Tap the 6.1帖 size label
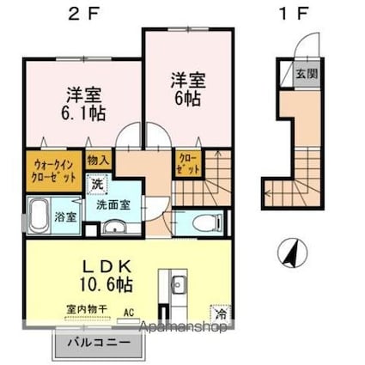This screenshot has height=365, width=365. pyautogui.click(x=82, y=113)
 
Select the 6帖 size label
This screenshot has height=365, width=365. pyautogui.click(x=186, y=100)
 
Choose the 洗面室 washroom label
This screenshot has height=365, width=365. pyautogui.click(x=113, y=204)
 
